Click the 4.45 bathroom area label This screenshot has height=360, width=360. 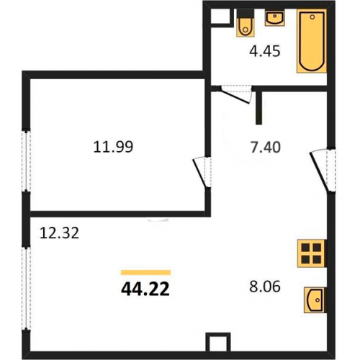tap(265, 51)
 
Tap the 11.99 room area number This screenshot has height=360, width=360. tap(113, 147)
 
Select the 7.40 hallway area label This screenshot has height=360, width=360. tap(266, 147)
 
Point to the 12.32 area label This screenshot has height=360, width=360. tap(59, 233)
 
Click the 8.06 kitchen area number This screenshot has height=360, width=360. tap(265, 287)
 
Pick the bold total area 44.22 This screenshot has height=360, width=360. tap(145, 289)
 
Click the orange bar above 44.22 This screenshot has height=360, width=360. tap(145, 272)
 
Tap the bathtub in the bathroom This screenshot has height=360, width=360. tap(312, 41)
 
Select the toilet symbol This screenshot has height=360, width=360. tap(246, 23)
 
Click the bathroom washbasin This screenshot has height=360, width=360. tap(275, 18)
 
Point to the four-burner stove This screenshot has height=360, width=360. tap(312, 253)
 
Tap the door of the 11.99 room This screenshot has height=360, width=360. tap(202, 172)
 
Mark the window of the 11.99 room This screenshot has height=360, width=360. tap(26, 161)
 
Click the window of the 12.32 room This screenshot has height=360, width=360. tap(26, 288)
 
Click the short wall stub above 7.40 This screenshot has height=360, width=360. tap(258, 108)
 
